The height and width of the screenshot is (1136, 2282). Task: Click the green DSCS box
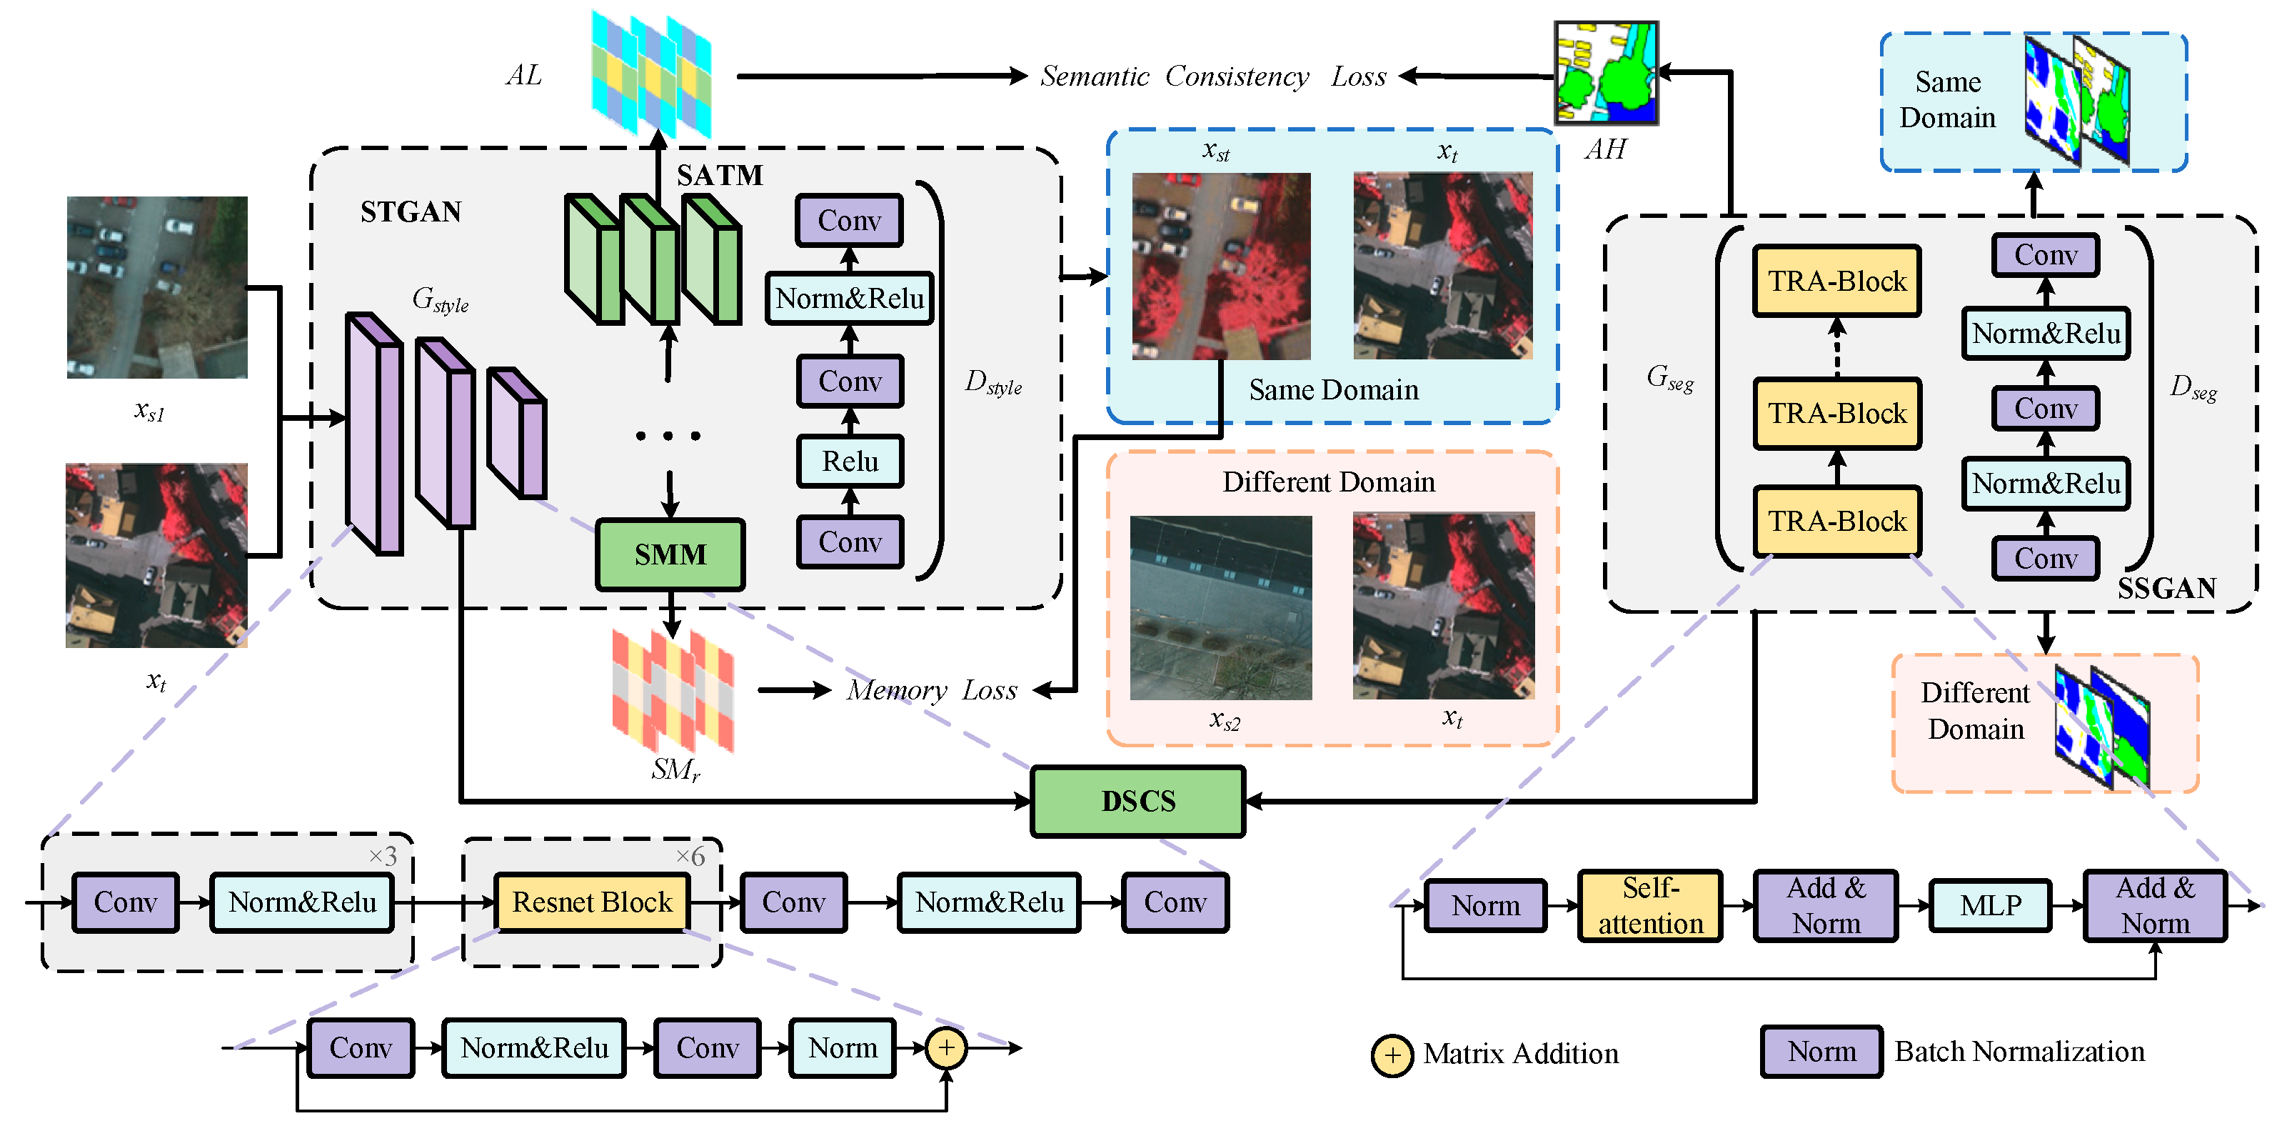(x=1137, y=801)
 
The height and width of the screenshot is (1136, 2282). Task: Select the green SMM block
(x=670, y=554)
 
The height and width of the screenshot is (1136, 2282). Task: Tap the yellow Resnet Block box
(x=592, y=902)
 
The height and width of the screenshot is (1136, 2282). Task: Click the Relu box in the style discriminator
(x=850, y=461)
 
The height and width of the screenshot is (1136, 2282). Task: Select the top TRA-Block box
(x=1836, y=281)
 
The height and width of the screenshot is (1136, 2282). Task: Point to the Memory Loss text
(x=931, y=689)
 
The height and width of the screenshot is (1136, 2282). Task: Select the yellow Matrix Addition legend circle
(x=1392, y=1055)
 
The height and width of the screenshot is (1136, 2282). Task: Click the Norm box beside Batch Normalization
(x=1821, y=1051)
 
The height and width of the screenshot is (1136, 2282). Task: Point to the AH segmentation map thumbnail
(x=1605, y=73)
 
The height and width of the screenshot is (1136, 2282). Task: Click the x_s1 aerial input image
(x=157, y=287)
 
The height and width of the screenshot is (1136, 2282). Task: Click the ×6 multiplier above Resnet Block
(x=690, y=856)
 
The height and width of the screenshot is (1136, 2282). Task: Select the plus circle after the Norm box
(x=946, y=1047)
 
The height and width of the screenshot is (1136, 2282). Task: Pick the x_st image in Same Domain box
(x=1221, y=266)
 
